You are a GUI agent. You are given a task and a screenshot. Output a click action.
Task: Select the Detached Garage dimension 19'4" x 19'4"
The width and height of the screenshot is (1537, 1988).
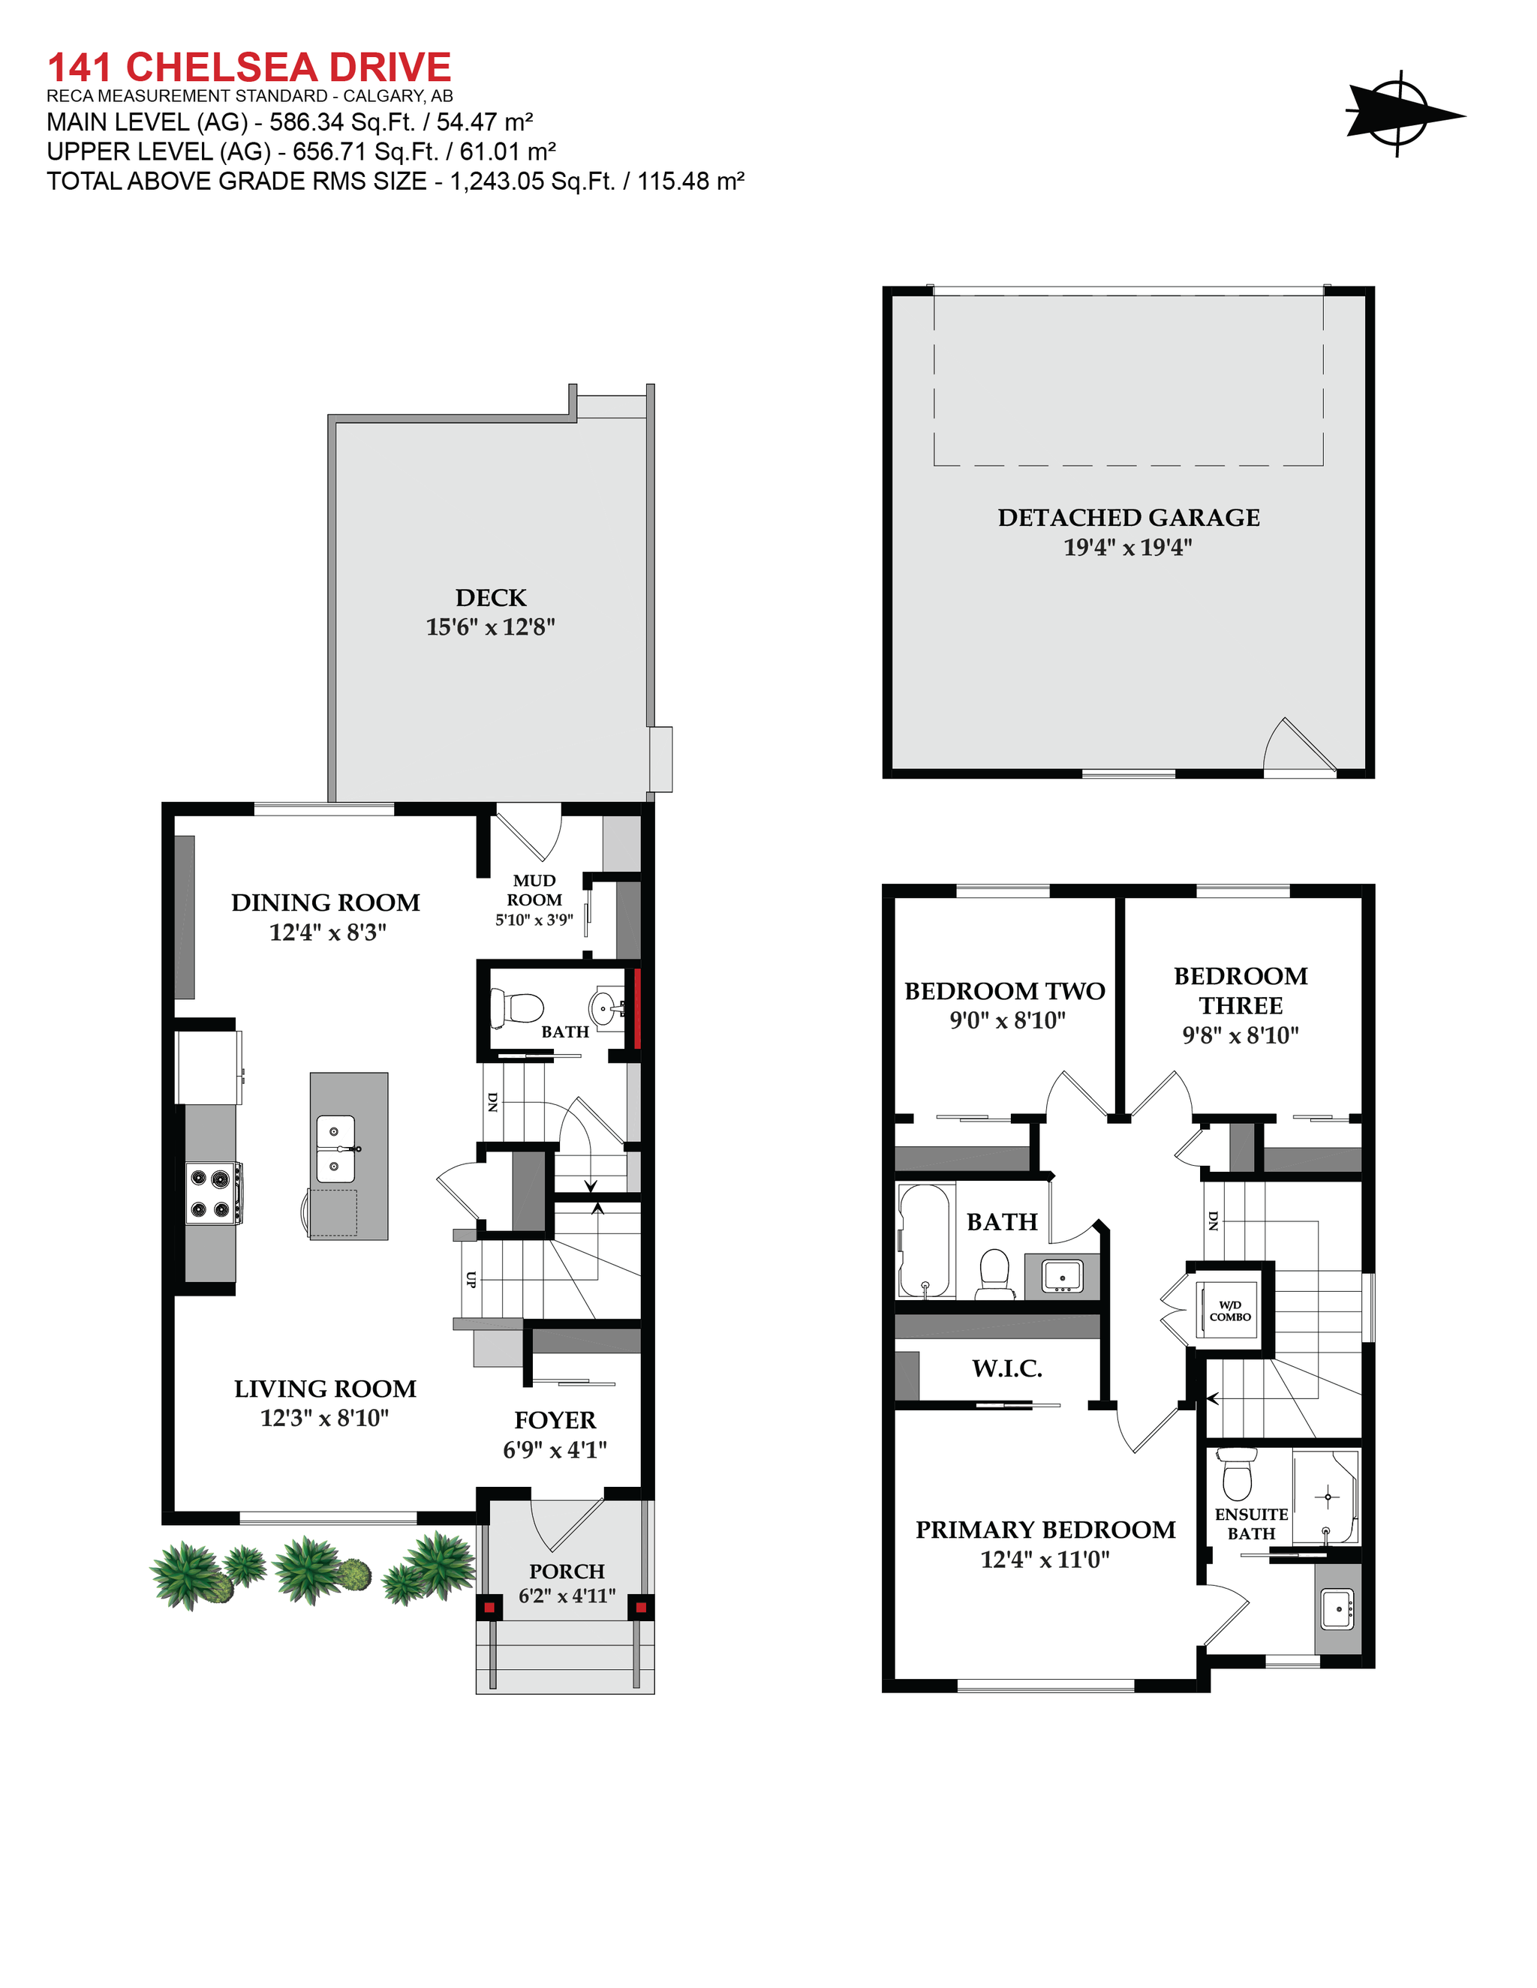tap(1127, 547)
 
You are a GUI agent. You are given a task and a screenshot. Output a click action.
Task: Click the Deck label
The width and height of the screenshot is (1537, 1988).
tap(491, 597)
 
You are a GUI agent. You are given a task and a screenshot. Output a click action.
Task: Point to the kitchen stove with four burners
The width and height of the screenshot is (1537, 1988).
tap(212, 1193)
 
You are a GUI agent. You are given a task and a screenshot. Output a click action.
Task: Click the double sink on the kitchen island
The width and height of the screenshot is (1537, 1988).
tap(335, 1149)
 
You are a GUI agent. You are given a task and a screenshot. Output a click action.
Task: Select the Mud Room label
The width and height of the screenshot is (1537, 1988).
tap(534, 890)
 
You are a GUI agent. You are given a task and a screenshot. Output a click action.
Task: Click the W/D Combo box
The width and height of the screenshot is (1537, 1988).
tap(1229, 1311)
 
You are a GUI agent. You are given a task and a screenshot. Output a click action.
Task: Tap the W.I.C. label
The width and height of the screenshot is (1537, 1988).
tap(1006, 1368)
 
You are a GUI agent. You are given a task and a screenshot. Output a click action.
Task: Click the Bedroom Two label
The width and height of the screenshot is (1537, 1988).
tap(1004, 990)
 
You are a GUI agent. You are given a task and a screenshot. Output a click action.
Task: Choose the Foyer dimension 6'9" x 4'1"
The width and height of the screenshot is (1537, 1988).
tap(555, 1450)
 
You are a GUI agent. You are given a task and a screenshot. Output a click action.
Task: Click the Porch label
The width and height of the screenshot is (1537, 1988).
tap(567, 1571)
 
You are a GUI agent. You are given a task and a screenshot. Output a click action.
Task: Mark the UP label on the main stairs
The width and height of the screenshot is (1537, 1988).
tap(471, 1279)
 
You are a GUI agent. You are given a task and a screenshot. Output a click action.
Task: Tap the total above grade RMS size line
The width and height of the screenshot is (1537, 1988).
tap(396, 181)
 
